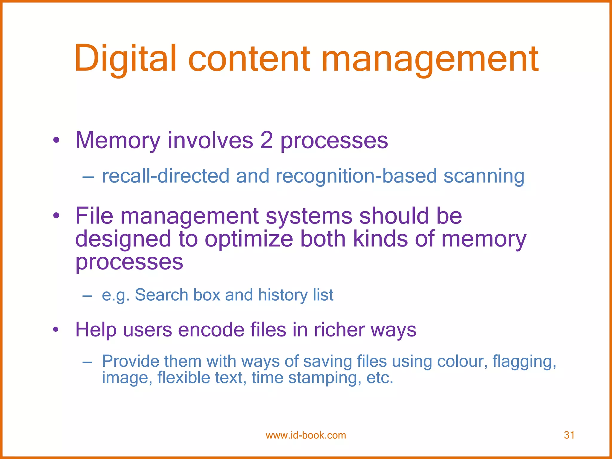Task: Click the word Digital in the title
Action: coord(126,59)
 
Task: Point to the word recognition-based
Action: coord(356,176)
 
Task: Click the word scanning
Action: coord(484,176)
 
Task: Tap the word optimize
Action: coord(249,239)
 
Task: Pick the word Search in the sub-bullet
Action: coord(161,295)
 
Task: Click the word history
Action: coord(283,295)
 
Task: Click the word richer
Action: coord(339,330)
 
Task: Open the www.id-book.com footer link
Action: coord(306,435)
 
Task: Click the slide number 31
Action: coord(569,435)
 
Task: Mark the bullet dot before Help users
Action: coord(56,330)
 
